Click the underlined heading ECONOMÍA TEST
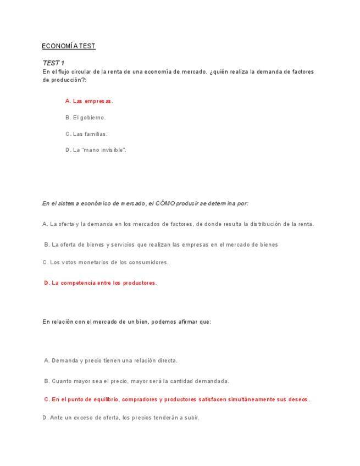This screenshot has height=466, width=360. (x=69, y=46)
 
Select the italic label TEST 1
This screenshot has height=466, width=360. (x=53, y=63)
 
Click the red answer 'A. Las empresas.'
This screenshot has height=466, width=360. (x=89, y=101)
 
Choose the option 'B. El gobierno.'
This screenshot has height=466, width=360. (x=85, y=117)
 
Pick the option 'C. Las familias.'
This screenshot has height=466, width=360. (x=86, y=134)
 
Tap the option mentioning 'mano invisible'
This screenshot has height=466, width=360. (x=96, y=149)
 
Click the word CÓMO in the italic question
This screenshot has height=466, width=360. (x=165, y=203)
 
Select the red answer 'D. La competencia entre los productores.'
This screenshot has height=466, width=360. (x=100, y=283)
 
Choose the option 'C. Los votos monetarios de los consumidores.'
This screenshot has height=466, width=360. (x=106, y=262)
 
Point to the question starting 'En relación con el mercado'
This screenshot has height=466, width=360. (x=126, y=322)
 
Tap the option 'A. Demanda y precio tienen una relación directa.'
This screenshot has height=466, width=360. (x=110, y=361)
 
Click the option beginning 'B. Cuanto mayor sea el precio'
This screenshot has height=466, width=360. (x=136, y=381)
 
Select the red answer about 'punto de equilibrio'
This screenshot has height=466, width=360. (x=176, y=400)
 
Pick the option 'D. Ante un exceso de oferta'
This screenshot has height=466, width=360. (x=121, y=418)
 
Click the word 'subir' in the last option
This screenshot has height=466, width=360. (x=190, y=418)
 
